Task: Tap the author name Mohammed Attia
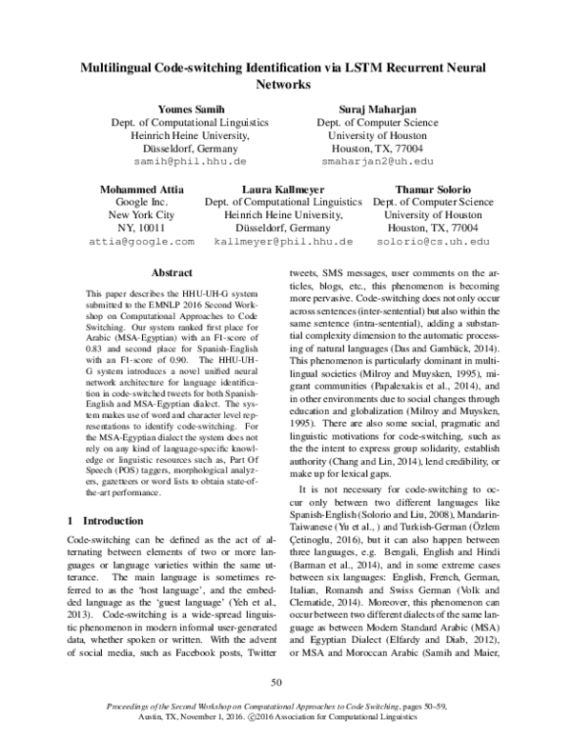click(140, 190)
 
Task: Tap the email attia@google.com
click(140, 244)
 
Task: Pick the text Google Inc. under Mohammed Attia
click(140, 203)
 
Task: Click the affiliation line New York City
click(140, 216)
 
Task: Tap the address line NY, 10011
click(140, 230)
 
